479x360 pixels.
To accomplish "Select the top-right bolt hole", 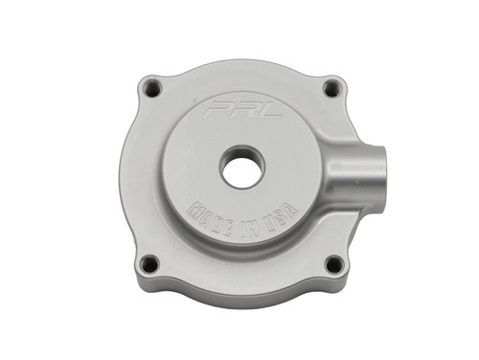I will (x=331, y=88).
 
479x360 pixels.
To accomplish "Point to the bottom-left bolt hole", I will (x=148, y=262).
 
